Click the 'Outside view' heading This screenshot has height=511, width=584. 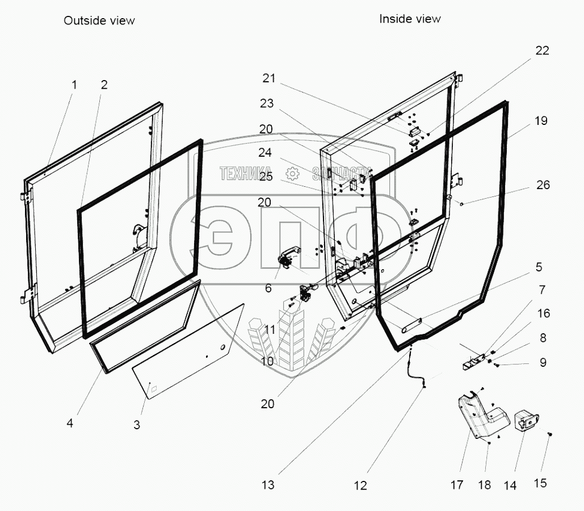click(x=99, y=20)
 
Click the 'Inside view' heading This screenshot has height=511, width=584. click(x=410, y=19)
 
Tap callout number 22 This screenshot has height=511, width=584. click(x=542, y=51)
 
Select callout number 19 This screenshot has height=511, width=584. click(x=541, y=121)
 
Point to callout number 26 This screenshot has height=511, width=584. click(x=543, y=185)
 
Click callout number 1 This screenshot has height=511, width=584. click(x=74, y=85)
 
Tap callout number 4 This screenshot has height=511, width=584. click(x=70, y=423)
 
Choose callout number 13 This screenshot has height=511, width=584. click(x=268, y=485)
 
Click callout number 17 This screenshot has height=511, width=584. click(x=457, y=485)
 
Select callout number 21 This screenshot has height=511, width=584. click(x=268, y=78)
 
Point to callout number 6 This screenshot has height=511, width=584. click(x=268, y=288)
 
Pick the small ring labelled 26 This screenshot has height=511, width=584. click(x=463, y=203)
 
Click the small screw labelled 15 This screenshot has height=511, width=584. click(x=550, y=434)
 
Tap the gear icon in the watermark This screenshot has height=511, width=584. click(x=292, y=173)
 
